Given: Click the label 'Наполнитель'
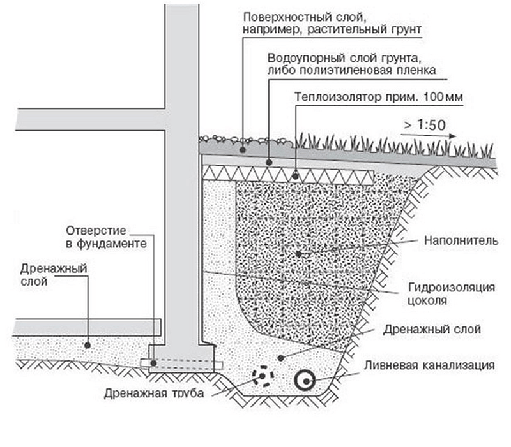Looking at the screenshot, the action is click(x=461, y=241).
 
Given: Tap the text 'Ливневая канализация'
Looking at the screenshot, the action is click(x=429, y=365).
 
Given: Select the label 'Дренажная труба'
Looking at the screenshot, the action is click(x=154, y=393).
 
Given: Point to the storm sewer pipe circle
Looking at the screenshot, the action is click(x=305, y=381).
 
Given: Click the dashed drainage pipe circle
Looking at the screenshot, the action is click(x=263, y=376).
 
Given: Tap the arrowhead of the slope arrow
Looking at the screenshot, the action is click(x=452, y=136).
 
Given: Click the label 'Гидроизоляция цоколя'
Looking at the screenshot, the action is click(x=451, y=294).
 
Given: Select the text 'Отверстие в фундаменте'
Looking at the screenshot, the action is click(x=106, y=237).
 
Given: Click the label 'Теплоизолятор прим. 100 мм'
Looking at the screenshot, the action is click(x=379, y=97).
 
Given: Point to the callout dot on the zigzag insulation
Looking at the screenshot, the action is click(x=295, y=176).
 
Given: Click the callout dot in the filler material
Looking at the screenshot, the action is click(x=299, y=254).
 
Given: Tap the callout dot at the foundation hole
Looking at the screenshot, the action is click(x=153, y=363).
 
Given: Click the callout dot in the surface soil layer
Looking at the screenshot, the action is click(x=243, y=150).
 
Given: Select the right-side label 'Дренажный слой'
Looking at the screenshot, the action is click(x=432, y=329).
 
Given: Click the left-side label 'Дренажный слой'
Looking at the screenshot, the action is click(x=54, y=275).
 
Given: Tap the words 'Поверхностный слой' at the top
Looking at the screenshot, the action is click(x=307, y=17).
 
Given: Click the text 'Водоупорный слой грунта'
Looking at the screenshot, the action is click(x=343, y=58).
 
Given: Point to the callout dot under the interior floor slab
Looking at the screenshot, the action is click(x=87, y=345).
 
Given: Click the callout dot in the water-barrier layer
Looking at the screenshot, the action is click(x=269, y=162).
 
